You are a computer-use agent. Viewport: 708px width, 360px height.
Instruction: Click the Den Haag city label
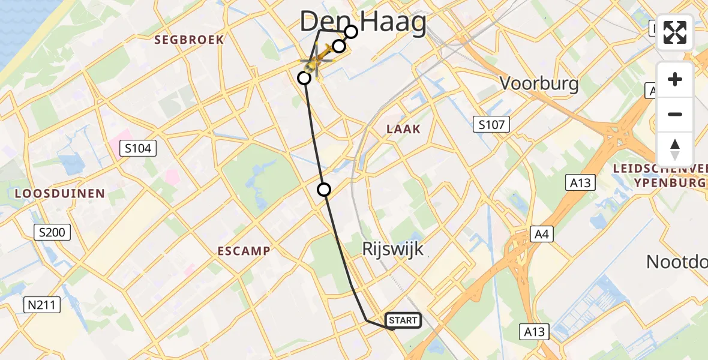[x=363, y=23]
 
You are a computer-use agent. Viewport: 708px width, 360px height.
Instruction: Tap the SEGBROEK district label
[x=189, y=40]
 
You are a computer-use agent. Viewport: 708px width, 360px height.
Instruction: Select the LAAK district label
[x=403, y=129]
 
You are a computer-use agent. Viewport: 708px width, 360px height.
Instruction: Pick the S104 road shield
[x=137, y=148]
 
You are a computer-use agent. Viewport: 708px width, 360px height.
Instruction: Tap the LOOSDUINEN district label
[x=60, y=194]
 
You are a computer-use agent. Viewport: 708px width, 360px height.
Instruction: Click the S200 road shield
[x=53, y=232]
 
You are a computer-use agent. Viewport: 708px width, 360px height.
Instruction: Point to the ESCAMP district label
[x=244, y=251]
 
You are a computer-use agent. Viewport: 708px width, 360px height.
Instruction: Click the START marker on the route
[x=403, y=320]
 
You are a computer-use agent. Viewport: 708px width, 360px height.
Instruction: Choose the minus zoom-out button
[x=675, y=114]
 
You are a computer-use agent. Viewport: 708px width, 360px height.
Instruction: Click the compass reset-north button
[x=675, y=149]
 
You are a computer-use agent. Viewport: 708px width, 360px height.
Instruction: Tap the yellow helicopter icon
[x=317, y=61]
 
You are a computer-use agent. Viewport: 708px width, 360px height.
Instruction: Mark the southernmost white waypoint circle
[x=324, y=190]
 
